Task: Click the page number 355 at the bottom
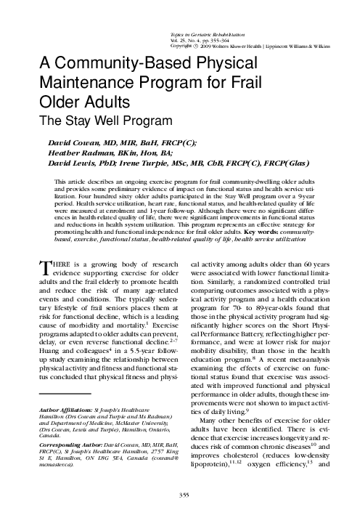180,495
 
